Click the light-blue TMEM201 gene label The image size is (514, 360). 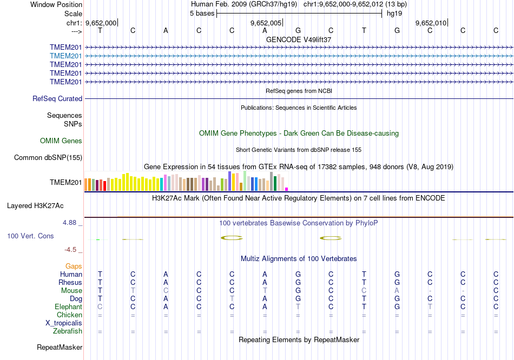pyautogui.click(x=66, y=56)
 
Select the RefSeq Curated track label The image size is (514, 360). pyautogui.click(x=57, y=99)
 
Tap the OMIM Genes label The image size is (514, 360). pyautogui.click(x=61, y=141)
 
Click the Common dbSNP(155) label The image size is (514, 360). pyautogui.click(x=48, y=158)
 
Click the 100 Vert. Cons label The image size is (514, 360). pyautogui.click(x=30, y=236)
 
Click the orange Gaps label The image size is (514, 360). pyautogui.click(x=74, y=266)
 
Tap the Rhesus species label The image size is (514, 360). pyautogui.click(x=70, y=283)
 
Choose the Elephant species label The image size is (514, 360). pyautogui.click(x=69, y=307)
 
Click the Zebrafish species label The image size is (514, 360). pyautogui.click(x=68, y=331)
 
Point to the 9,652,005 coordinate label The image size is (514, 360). pyautogui.click(x=266, y=23)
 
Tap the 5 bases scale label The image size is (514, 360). pyautogui.click(x=202, y=14)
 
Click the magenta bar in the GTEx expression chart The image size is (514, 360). pyautogui.click(x=286, y=189)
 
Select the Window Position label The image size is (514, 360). pyautogui.click(x=56, y=4)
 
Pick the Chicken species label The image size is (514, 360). pyautogui.click(x=70, y=315)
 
